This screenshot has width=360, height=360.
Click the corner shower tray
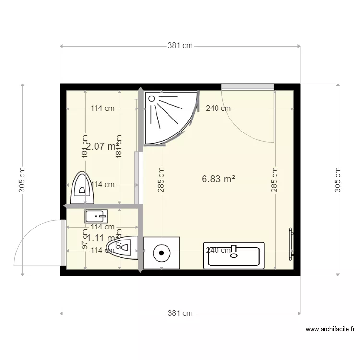[168, 116]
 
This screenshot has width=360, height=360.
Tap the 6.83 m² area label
[218, 179]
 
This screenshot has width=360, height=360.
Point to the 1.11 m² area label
[100, 238]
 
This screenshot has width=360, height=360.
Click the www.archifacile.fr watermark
[330, 329]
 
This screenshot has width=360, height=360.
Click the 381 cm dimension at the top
[180, 46]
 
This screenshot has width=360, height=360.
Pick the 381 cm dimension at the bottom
[180, 313]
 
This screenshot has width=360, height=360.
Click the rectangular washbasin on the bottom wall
[234, 255]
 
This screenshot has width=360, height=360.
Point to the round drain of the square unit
[161, 252]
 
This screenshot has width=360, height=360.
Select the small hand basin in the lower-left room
[96, 217]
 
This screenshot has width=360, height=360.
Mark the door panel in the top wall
[247, 86]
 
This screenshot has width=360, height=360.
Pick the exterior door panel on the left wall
[63, 242]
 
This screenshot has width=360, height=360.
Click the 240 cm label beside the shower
[218, 108]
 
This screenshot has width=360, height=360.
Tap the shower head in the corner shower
[152, 98]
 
